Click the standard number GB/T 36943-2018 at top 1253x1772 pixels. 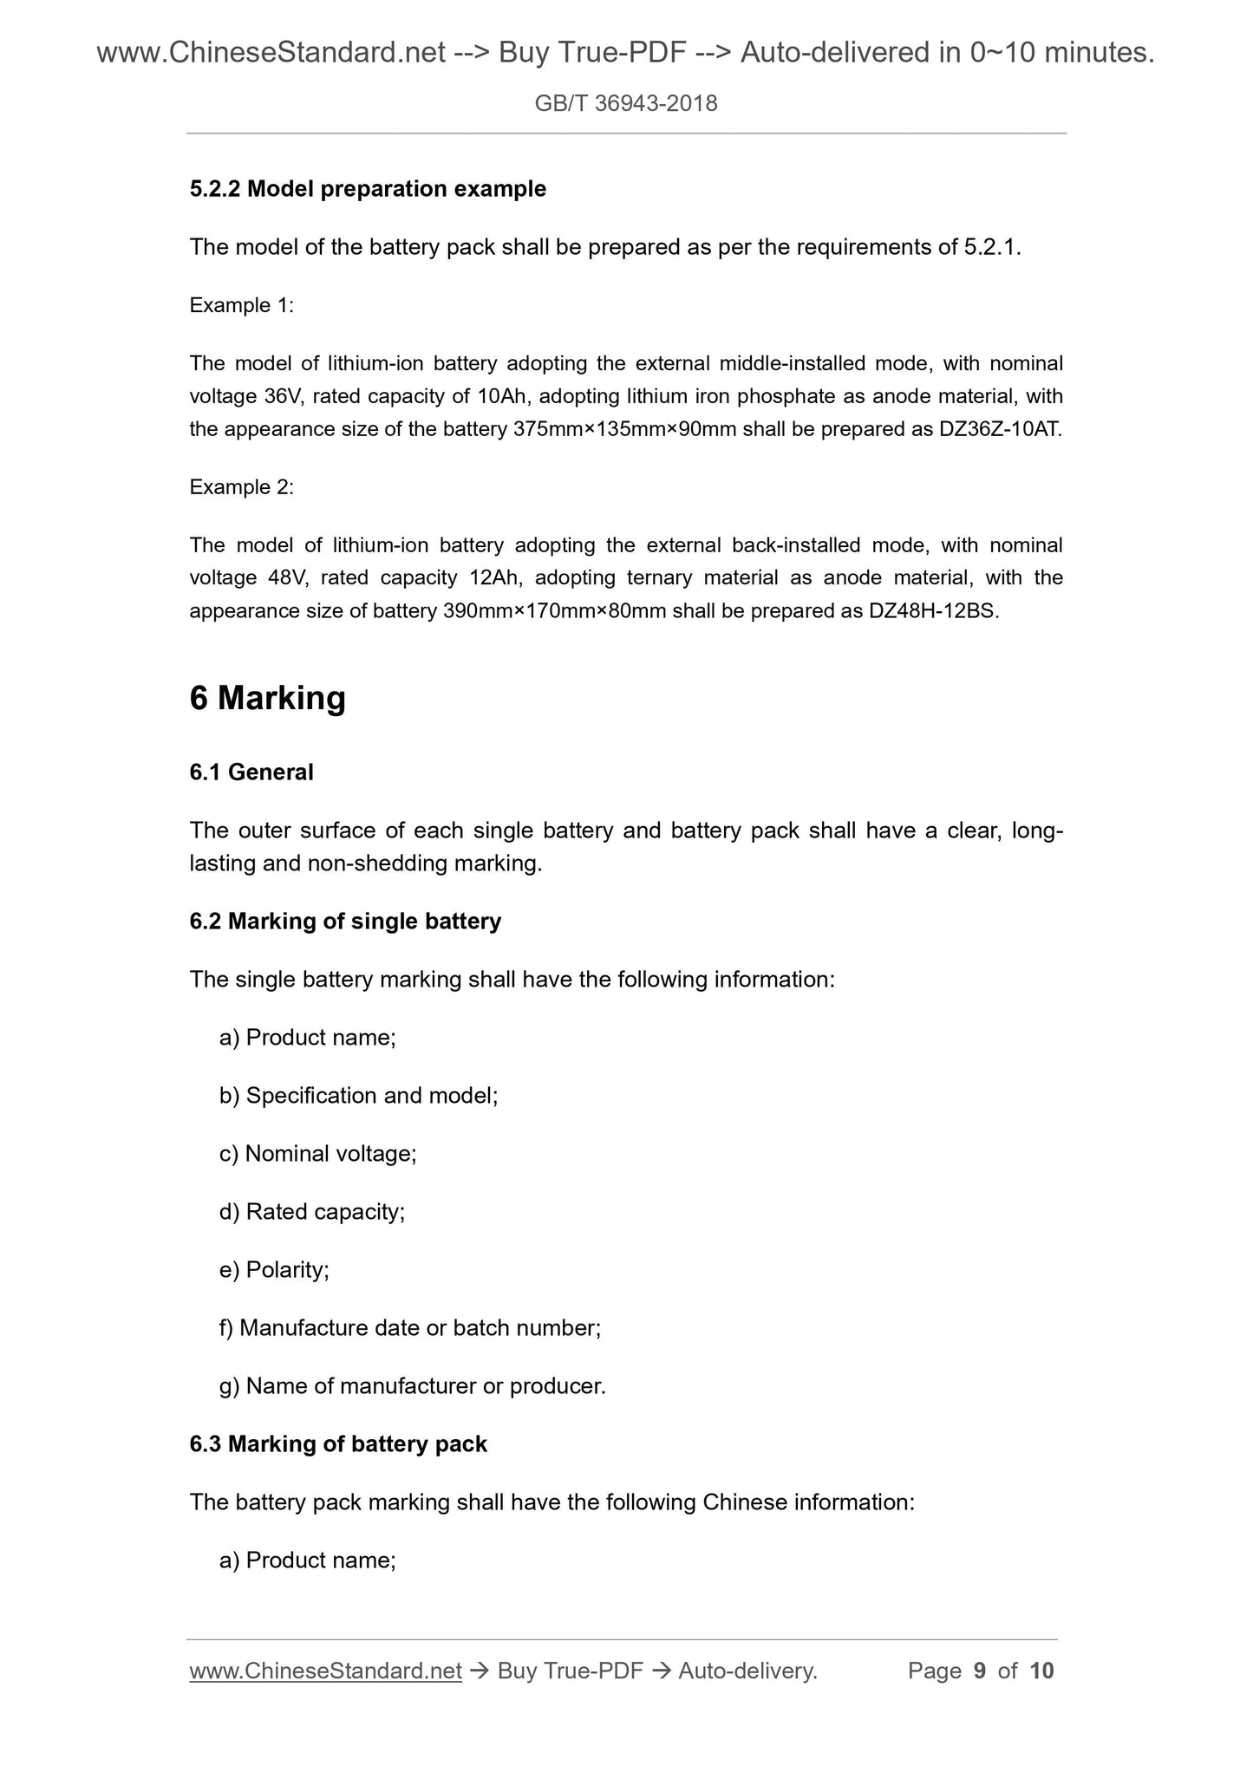(626, 104)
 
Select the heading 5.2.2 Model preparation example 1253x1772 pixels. (368, 189)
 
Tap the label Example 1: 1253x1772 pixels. (242, 305)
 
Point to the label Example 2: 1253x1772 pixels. (242, 487)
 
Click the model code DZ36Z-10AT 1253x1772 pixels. (1000, 429)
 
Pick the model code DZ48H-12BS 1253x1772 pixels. (933, 611)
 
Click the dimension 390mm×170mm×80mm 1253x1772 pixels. (554, 611)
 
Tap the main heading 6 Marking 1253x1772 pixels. (267, 698)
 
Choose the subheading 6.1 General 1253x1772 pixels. (251, 772)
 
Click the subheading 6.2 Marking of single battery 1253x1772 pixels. (345, 921)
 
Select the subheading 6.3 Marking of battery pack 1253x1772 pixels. (338, 1443)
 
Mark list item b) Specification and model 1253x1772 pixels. (359, 1096)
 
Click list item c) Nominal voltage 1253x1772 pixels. (318, 1154)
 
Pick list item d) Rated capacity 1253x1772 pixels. (312, 1212)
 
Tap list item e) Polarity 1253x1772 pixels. (274, 1270)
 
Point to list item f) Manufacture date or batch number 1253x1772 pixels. (410, 1328)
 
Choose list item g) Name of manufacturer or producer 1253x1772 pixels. (413, 1386)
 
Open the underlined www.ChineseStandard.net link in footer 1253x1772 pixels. (325, 1671)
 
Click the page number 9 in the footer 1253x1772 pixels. (980, 1671)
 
